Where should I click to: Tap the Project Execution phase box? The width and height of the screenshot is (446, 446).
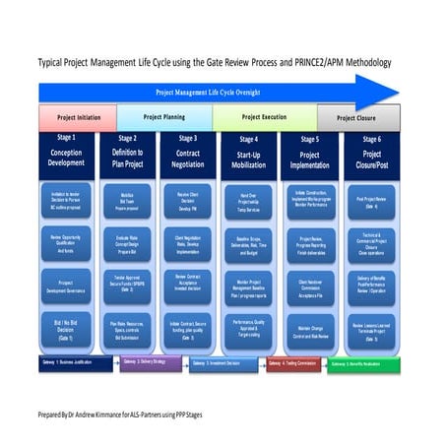pos(264,117)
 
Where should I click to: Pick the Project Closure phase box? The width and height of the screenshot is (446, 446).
pos(359,118)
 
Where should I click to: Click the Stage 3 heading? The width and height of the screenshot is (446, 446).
pos(189,139)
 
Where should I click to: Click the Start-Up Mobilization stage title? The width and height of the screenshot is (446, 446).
pos(249,159)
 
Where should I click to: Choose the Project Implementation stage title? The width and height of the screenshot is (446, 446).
pos(309,159)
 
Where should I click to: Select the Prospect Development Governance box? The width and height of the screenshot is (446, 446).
pos(66,287)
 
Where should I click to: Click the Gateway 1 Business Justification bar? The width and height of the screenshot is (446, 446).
pos(74,362)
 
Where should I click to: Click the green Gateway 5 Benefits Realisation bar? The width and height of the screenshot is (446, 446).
pos(366,362)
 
